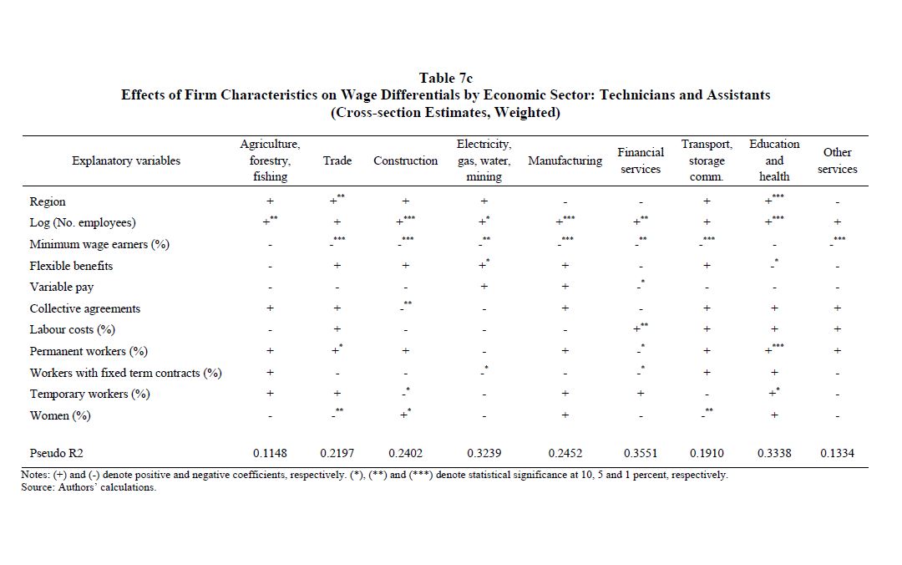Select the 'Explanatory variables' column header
pos(126,160)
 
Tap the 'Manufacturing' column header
pos(565,160)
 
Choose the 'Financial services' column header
pos(641,160)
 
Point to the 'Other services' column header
pos(837,160)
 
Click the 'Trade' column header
pos(337,160)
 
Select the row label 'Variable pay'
pos(62,287)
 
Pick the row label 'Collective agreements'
pos(85,308)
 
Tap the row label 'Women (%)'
pos(60,415)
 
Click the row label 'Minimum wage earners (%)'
pos(99,244)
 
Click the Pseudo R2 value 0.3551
pos(641,453)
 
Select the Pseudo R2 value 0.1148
pos(270,453)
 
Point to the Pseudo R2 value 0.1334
pos(837,453)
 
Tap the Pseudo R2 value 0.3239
pos(484,453)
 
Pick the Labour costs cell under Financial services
pos(639,329)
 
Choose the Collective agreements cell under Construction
pos(405,308)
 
